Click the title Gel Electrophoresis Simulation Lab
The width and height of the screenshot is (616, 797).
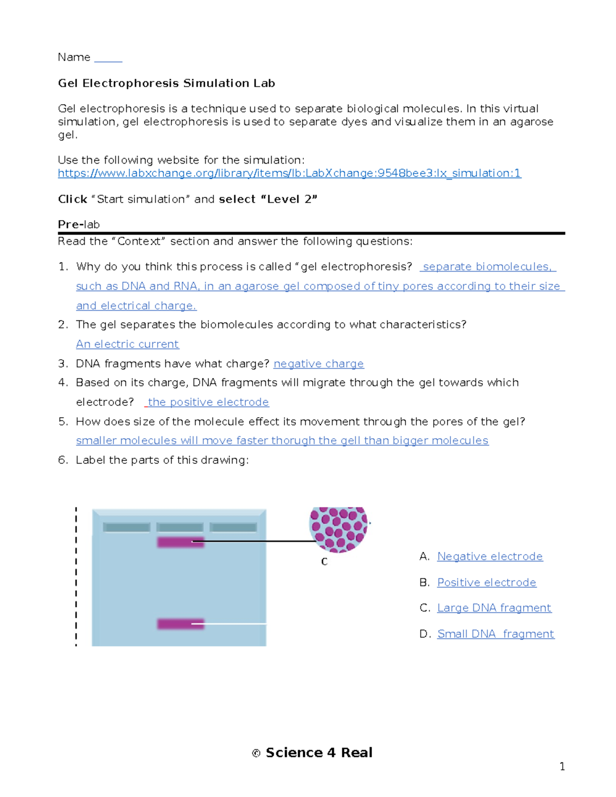pos(166,83)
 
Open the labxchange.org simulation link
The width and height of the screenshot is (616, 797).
pos(289,173)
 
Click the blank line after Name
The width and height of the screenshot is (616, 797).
pos(108,59)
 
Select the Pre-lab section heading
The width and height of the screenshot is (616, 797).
pos(79,224)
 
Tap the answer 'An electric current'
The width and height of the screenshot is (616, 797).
pos(127,344)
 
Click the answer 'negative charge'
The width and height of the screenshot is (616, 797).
pos(318,364)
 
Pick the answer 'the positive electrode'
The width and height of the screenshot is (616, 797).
pos(208,402)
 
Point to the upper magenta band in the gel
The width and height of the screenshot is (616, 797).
pos(180,542)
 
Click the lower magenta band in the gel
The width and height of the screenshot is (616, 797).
pos(180,624)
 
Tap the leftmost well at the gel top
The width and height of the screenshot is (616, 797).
pos(126,527)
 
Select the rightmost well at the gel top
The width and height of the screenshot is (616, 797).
pos(234,527)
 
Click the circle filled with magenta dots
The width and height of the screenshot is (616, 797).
pos(338,529)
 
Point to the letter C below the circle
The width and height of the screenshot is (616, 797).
pos(324,562)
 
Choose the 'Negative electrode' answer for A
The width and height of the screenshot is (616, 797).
pos(490,557)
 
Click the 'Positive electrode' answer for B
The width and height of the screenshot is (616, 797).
pos(486,582)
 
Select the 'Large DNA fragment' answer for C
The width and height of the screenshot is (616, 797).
pos(494,608)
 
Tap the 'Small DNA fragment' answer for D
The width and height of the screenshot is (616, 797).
pos(495,634)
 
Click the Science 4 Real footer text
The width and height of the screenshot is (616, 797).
pos(318,753)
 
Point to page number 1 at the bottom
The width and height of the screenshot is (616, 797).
pos(562,767)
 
